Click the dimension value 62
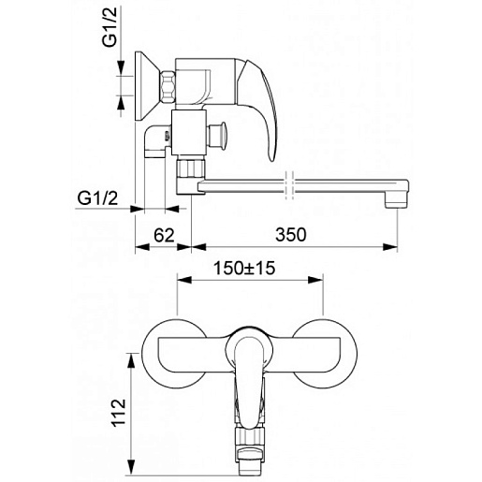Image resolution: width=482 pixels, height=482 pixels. pyautogui.click(x=164, y=235)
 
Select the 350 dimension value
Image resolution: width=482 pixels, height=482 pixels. pyautogui.click(x=291, y=235)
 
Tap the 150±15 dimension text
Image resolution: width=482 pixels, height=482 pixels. pyautogui.click(x=244, y=268)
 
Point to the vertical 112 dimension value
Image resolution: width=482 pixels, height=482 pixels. pyautogui.click(x=119, y=412)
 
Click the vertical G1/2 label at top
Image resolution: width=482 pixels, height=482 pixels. pyautogui.click(x=110, y=27)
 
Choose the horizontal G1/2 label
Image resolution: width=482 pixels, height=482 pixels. pyautogui.click(x=97, y=198)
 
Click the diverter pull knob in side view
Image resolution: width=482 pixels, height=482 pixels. pyautogui.click(x=217, y=135)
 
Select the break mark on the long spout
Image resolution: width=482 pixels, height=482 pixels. pyautogui.click(x=289, y=185)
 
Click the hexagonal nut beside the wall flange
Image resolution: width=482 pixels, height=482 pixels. pyautogui.click(x=168, y=87)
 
